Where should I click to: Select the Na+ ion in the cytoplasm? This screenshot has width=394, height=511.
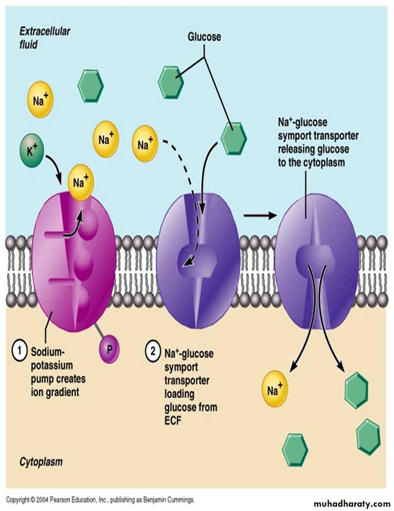(275, 390)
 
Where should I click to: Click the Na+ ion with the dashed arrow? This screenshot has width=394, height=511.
(144, 144)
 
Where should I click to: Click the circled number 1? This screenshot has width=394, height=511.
(20, 353)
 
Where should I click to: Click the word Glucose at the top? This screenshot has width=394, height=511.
(204, 37)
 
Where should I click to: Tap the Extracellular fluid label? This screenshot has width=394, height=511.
(45, 38)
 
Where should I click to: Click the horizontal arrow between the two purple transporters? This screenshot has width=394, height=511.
(259, 216)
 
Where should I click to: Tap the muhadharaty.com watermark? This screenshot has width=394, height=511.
(352, 503)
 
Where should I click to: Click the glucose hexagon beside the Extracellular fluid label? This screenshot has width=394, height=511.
(91, 86)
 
